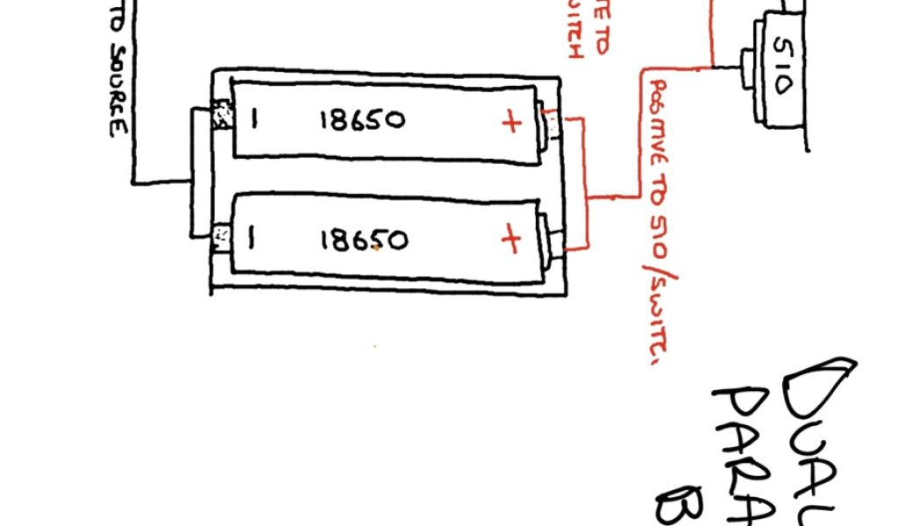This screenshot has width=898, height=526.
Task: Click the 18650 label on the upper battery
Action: point(362,120)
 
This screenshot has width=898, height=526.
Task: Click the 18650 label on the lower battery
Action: point(362,239)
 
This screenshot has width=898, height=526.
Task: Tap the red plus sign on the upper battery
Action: point(510,122)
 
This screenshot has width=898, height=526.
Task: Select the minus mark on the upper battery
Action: point(253,118)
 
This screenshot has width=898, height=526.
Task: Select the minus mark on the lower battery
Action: point(252,238)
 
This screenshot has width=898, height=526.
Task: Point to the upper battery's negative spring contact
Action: point(223,116)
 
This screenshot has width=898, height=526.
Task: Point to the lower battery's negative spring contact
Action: point(221,234)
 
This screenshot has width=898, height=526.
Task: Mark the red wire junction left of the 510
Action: point(712,66)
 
